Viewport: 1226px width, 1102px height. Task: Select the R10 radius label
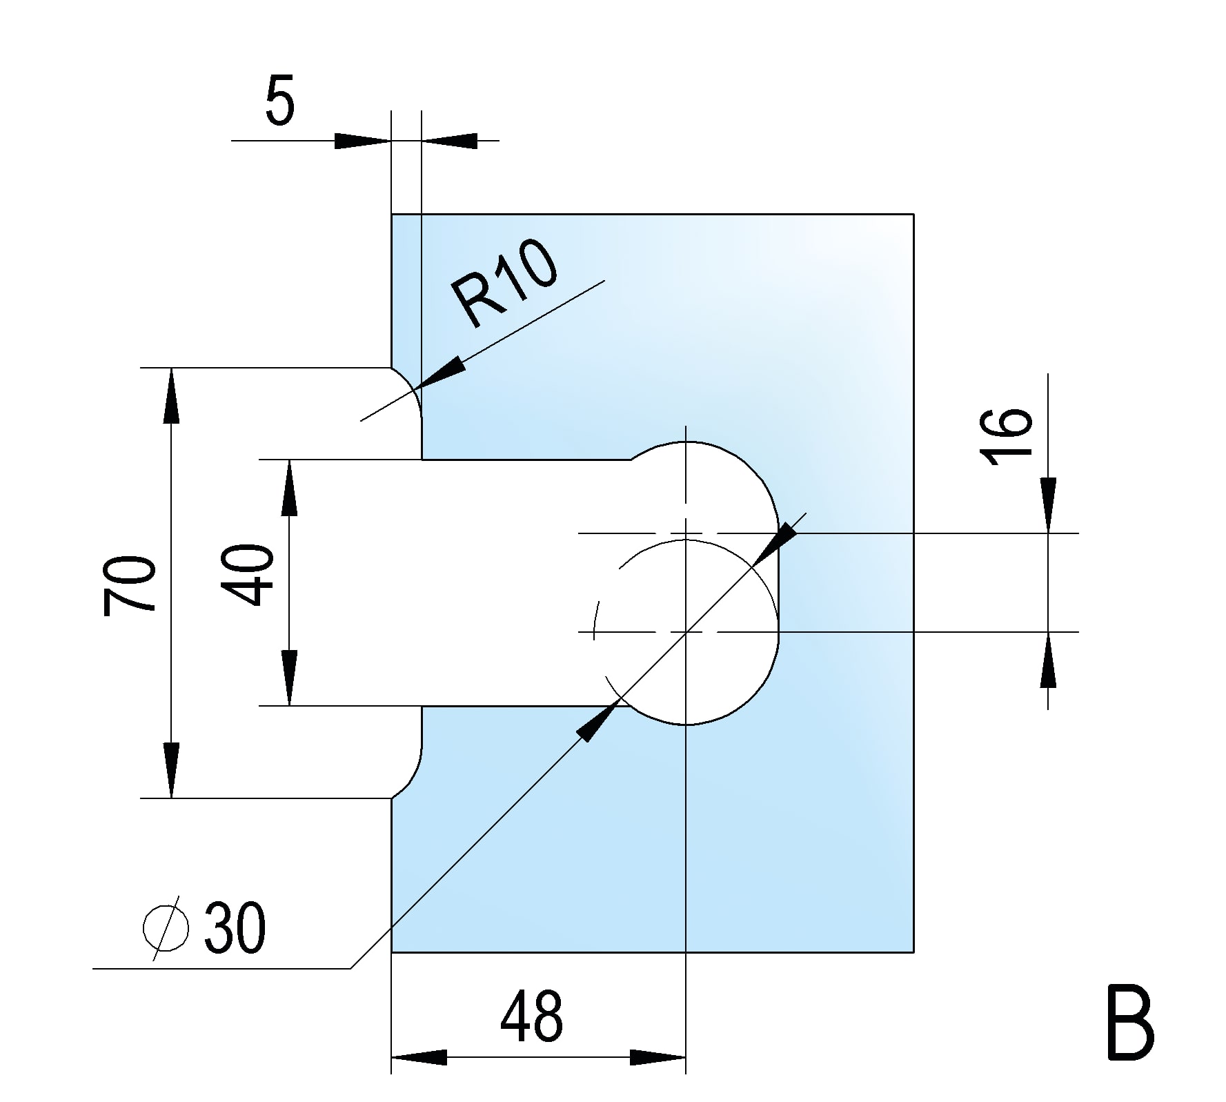[x=505, y=284]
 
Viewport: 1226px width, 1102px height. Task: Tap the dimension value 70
[x=130, y=584]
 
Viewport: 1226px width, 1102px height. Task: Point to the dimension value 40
[x=248, y=574]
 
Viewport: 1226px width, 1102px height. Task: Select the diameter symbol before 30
[x=166, y=928]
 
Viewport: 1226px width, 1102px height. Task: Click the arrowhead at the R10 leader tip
[x=442, y=373]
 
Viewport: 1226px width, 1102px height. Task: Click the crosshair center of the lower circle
[x=686, y=632]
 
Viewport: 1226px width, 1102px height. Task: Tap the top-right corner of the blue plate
[x=913, y=215]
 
